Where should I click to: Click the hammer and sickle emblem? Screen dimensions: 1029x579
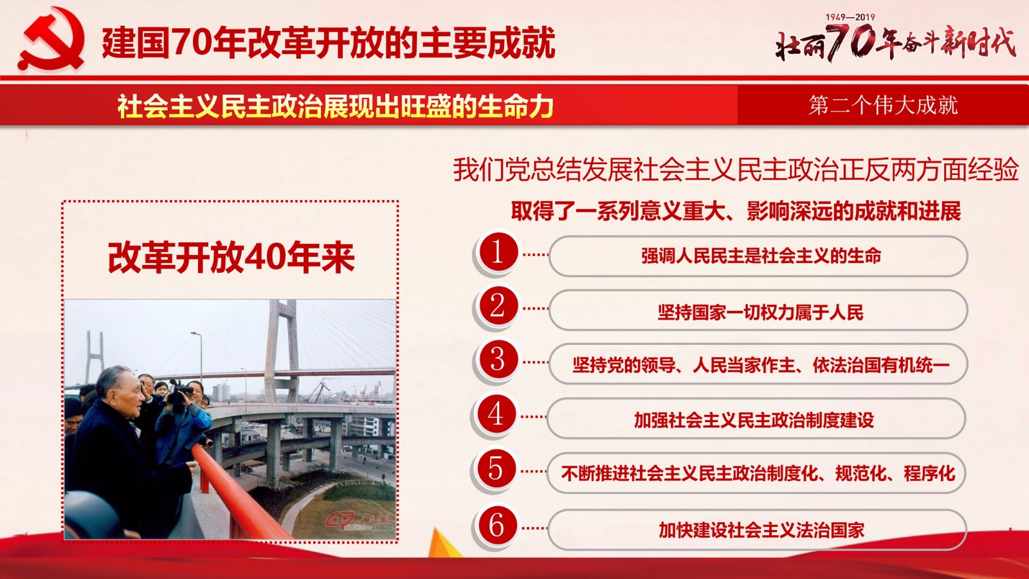coord(51,39)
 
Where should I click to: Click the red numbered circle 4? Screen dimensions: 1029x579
coord(496,414)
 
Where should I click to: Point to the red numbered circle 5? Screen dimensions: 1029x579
coord(496,469)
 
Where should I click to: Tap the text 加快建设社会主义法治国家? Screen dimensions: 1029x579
coord(761,530)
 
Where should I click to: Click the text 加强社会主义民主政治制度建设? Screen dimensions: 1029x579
coord(754,420)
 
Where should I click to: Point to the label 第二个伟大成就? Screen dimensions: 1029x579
coord(883,106)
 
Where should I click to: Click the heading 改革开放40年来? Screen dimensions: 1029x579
coord(231,257)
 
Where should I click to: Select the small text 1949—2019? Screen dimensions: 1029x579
coord(850,17)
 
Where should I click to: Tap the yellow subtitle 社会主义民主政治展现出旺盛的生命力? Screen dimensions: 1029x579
coord(335,106)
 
